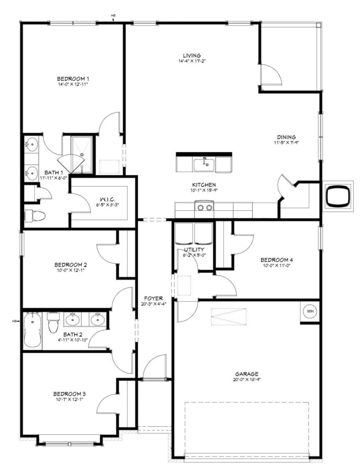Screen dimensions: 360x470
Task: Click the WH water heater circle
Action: click(x=310, y=311)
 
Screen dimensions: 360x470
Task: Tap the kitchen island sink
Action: click(x=204, y=165)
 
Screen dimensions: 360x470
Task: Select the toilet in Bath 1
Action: click(x=35, y=216)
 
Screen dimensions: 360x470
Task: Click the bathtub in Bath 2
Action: click(x=32, y=330)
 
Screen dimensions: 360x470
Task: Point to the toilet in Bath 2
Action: click(x=53, y=323)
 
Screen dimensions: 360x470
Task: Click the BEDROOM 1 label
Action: click(x=73, y=79)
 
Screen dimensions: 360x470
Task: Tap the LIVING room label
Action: click(x=192, y=56)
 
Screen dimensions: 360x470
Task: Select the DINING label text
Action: click(x=286, y=137)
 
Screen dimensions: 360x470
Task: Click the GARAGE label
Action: click(x=247, y=374)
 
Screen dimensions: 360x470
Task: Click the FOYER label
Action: click(x=153, y=298)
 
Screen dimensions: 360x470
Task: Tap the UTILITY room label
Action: click(x=194, y=249)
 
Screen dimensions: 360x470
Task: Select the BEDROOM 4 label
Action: click(x=277, y=260)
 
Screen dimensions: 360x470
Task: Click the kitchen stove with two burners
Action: click(x=204, y=207)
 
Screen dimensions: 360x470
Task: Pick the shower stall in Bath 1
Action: click(x=82, y=155)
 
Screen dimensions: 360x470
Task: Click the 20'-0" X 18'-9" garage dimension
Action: click(x=247, y=379)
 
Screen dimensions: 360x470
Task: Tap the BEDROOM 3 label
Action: click(x=70, y=394)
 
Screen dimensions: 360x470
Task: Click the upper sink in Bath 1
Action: click(x=31, y=145)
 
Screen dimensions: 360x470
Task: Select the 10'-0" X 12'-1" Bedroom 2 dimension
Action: click(x=71, y=270)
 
